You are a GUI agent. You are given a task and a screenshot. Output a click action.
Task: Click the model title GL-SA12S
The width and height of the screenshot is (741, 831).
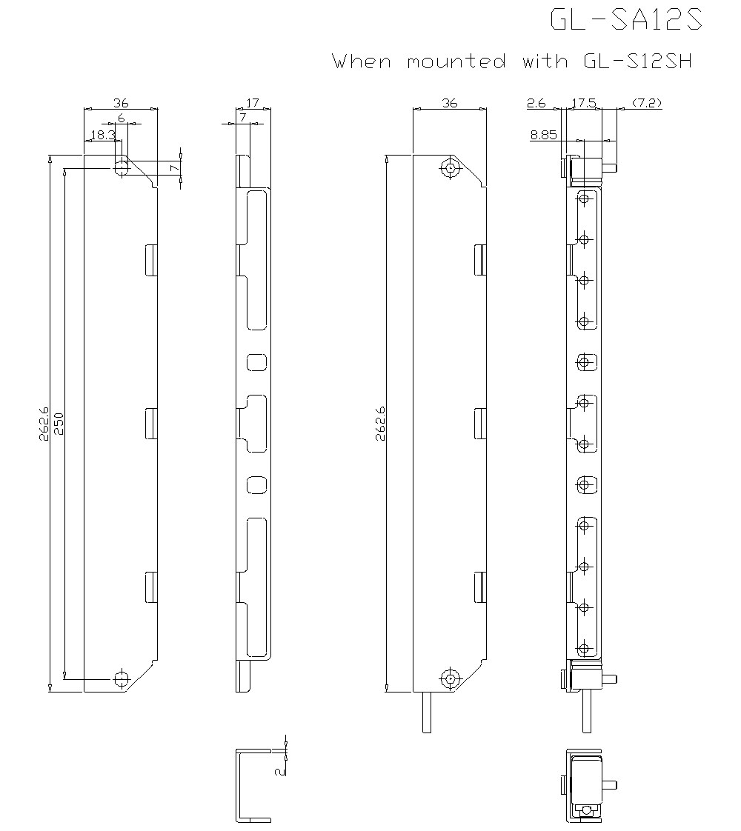pos(625,20)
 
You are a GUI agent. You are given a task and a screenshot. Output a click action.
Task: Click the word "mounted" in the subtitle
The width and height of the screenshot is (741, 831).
pos(456,61)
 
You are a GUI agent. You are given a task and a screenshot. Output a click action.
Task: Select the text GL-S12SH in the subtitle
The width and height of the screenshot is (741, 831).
pos(633,61)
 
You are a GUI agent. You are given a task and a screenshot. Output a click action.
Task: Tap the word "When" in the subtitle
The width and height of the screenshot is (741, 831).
pos(362,61)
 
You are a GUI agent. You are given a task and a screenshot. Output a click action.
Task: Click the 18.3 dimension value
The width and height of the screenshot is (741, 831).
pos(102,135)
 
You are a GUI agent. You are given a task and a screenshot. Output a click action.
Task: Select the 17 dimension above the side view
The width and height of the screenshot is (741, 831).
pos(252,104)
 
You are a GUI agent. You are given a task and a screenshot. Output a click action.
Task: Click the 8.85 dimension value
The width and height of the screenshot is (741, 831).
pos(544,135)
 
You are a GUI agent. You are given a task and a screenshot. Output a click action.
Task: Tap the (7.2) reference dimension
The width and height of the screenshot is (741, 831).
pos(646,104)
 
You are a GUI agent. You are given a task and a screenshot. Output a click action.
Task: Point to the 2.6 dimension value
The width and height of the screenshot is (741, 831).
pos(536,104)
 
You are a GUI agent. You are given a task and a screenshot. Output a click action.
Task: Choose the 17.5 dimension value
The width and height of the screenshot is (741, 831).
pos(584,104)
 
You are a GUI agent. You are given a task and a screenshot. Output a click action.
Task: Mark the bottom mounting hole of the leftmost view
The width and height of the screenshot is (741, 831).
pos(121,678)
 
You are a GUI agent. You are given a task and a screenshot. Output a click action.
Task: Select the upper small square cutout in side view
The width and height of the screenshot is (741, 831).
pos(256,362)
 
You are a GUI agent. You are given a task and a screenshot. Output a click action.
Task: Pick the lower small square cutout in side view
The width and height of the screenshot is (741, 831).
pos(256,484)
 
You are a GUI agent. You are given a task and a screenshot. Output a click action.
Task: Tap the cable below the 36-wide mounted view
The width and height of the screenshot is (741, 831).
pos(427,712)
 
